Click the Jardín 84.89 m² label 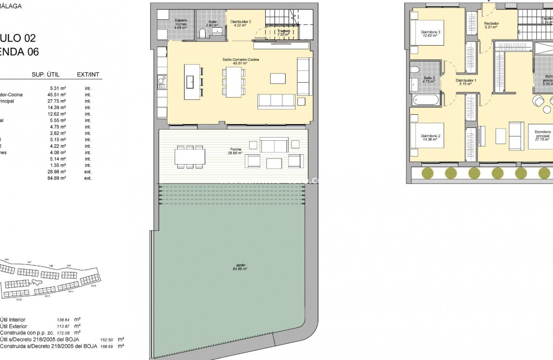240,267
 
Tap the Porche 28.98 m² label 236,151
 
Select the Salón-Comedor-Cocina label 240,62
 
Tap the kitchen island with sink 192,82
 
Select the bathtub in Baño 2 426,100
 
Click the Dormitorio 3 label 430,34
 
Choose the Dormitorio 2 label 430,137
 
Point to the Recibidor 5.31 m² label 491,25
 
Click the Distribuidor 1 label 465,82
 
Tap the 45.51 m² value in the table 57,95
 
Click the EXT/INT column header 88,75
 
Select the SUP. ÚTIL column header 46,75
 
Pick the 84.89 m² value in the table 57,178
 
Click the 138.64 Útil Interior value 63,320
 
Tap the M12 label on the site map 47,296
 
